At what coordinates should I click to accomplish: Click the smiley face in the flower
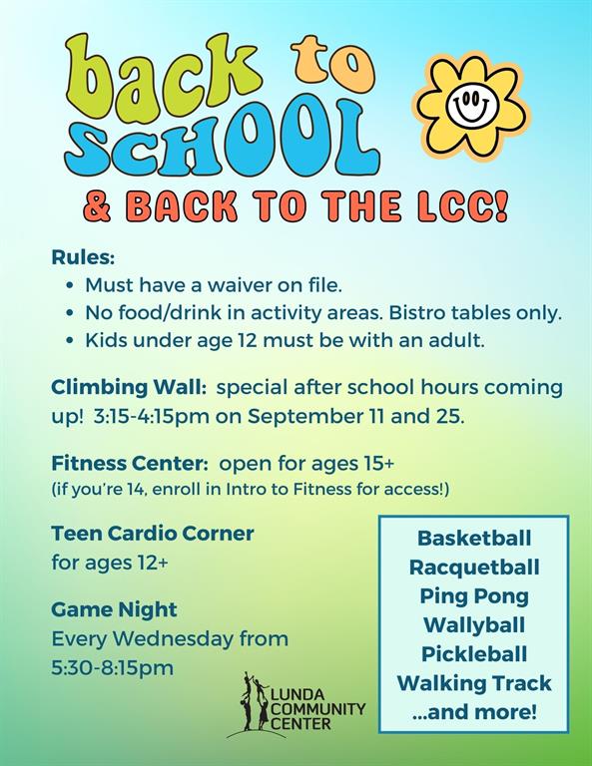click(x=471, y=105)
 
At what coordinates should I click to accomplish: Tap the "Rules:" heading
click(x=83, y=257)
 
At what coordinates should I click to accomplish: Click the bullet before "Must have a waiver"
click(x=71, y=285)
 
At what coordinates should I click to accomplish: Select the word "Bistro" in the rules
click(x=417, y=312)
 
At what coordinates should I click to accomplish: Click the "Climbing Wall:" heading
click(x=129, y=387)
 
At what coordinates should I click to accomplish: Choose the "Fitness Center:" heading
click(x=130, y=463)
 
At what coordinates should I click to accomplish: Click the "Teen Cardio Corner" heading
click(x=153, y=533)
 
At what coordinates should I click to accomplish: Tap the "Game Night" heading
click(x=115, y=610)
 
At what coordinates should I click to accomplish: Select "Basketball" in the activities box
click(x=474, y=538)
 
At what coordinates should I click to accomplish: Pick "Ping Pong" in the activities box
click(x=474, y=596)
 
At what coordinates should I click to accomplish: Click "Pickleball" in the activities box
click(x=474, y=654)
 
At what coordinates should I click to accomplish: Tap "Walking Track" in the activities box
click(x=474, y=683)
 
